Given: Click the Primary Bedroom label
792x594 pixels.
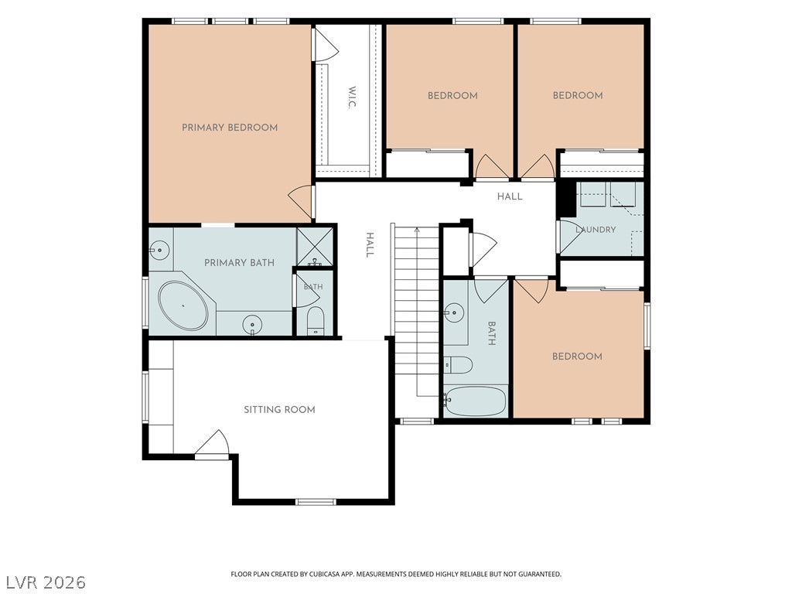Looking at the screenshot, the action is [230, 128].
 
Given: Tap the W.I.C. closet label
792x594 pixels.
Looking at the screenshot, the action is [352, 97].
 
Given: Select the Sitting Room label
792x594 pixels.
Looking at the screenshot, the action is [279, 410].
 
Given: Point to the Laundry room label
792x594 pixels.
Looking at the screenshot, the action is [596, 229].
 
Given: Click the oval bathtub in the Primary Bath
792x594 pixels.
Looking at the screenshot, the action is [183, 306].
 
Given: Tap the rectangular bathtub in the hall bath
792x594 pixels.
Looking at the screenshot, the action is [476, 401].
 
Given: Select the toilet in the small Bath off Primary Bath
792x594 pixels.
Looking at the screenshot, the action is [316, 320].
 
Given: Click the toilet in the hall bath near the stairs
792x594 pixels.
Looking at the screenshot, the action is [458, 364].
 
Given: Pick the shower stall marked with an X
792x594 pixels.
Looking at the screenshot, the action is [315, 247].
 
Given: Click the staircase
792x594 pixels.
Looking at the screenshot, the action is [417, 314].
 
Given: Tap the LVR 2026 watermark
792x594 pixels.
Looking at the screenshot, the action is [43, 582].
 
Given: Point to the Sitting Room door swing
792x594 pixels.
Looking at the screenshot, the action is [212, 445].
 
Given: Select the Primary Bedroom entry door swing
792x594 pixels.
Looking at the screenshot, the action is [301, 202].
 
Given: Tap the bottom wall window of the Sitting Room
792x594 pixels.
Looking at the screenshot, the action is [316, 501].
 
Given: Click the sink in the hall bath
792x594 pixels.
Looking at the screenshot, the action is [454, 312].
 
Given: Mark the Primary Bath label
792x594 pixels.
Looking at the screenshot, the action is [240, 263].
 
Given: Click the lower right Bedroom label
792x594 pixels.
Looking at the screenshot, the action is [577, 357].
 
